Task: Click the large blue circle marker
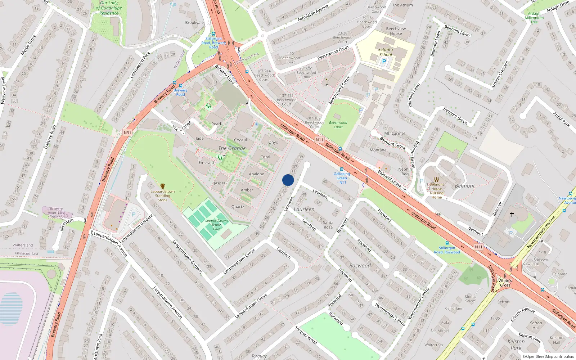(288, 180)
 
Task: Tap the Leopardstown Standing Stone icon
(163, 186)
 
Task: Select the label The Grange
(232, 148)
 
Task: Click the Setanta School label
(386, 52)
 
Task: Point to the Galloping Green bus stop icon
(341, 169)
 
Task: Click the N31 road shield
(127, 132)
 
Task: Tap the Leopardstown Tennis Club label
(216, 225)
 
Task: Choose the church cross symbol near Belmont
(512, 214)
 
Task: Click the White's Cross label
(505, 283)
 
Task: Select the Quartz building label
(238, 207)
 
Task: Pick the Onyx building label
(273, 142)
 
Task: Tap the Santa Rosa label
(328, 225)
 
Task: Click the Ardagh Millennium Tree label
(534, 18)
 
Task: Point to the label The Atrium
(402, 5)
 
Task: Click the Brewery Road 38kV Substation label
(57, 213)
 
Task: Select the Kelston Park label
(516, 345)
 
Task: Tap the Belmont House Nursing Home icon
(437, 179)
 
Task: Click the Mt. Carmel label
(395, 133)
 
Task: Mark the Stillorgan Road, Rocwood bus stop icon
(447, 243)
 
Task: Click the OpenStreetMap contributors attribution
(548, 356)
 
